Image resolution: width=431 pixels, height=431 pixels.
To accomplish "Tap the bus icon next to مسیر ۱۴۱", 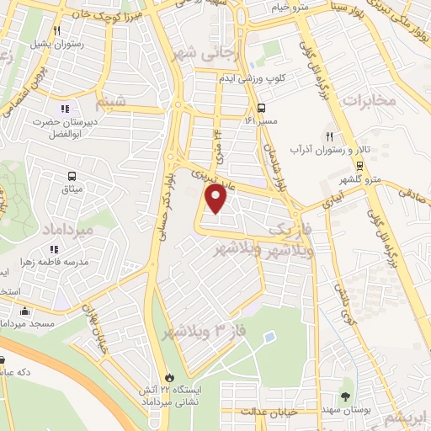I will pyautogui.click(x=263, y=108).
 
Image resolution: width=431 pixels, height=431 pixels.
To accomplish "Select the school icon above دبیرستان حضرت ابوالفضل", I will pyautogui.click(x=65, y=108).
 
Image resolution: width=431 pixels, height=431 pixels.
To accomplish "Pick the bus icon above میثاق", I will pyautogui.click(x=72, y=177).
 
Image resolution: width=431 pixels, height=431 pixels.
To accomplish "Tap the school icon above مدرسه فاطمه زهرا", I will pyautogui.click(x=54, y=249).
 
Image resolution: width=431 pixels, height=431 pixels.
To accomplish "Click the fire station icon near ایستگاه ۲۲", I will pyautogui.click(x=171, y=378).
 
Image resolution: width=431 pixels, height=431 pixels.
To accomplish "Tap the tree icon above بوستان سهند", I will pyautogui.click(x=346, y=396).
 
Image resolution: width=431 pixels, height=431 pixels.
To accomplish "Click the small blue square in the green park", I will pyautogui.click(x=269, y=338).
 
